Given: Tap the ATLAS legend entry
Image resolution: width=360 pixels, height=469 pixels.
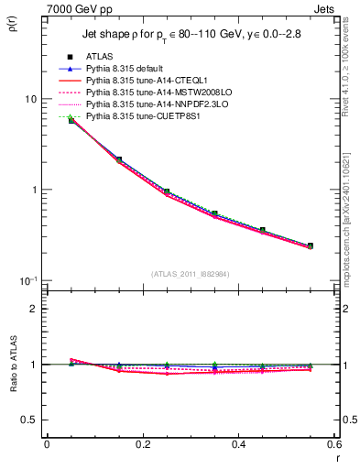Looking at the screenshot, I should click(x=101, y=57).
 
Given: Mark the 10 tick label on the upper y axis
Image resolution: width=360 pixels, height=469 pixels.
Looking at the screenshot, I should click(x=30, y=99).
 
